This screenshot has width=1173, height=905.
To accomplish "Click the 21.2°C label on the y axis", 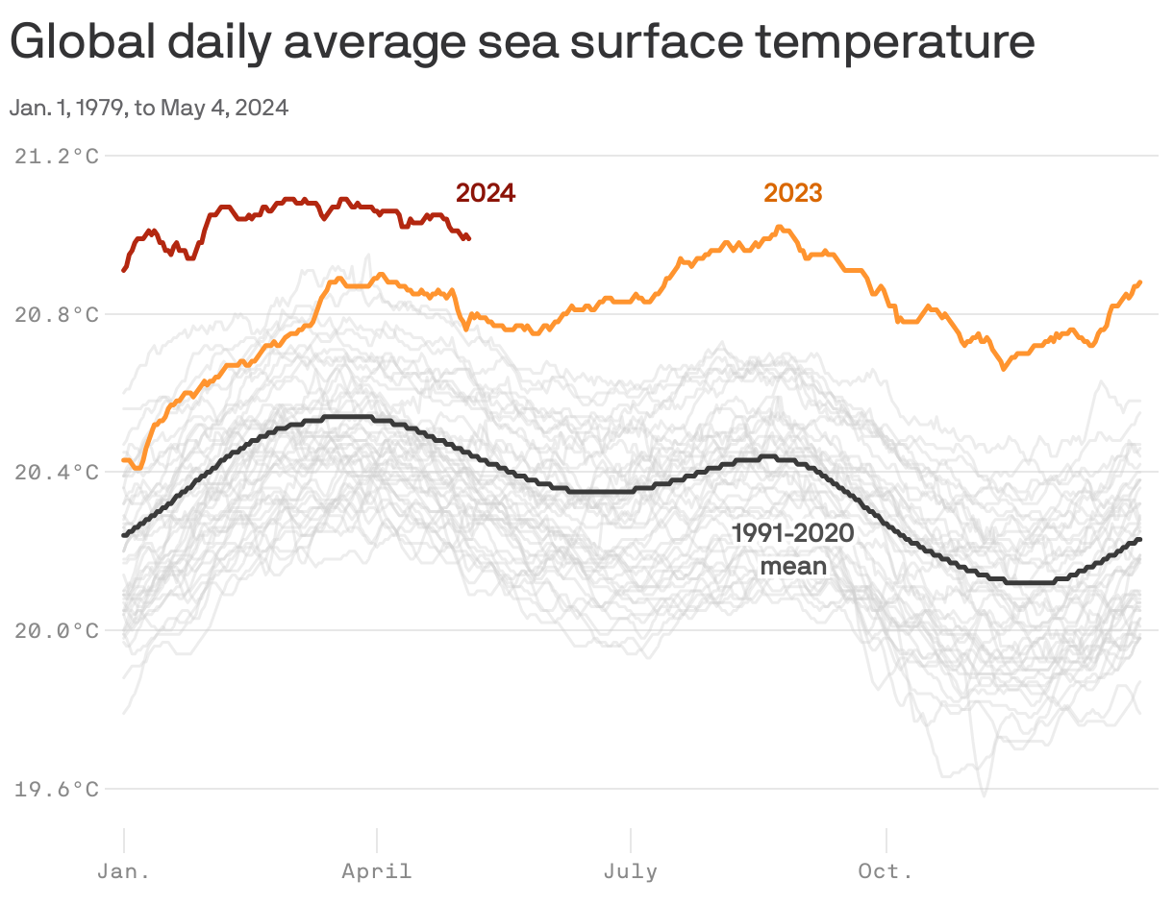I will click(57, 156).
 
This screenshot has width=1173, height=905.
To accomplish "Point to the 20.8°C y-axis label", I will click(57, 314).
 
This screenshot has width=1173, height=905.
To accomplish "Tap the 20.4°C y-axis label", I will click(57, 473).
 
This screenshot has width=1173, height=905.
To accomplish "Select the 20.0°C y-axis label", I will click(57, 631).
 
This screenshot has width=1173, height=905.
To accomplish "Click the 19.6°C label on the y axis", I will click(57, 790).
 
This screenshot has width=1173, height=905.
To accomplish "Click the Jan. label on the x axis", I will click(124, 872).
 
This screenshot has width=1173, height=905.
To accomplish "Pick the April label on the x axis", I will click(377, 872).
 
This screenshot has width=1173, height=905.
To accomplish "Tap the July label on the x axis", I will click(631, 872).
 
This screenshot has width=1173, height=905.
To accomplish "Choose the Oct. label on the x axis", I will click(886, 872).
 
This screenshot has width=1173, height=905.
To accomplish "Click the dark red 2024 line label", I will click(486, 193).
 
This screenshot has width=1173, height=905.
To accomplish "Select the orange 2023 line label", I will click(793, 193).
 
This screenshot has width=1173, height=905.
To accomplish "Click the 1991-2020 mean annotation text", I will click(793, 550).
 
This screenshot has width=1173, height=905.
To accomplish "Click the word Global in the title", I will click(81, 43).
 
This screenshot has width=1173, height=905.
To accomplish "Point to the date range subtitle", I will click(149, 108).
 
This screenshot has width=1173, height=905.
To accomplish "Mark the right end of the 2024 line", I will click(468, 238).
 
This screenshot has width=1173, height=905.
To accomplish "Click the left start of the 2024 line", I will click(124, 270).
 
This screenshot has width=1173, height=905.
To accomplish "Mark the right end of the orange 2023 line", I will click(1139, 282).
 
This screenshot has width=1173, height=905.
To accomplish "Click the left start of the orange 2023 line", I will click(124, 460).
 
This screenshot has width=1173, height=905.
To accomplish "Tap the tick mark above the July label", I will click(631, 839).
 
